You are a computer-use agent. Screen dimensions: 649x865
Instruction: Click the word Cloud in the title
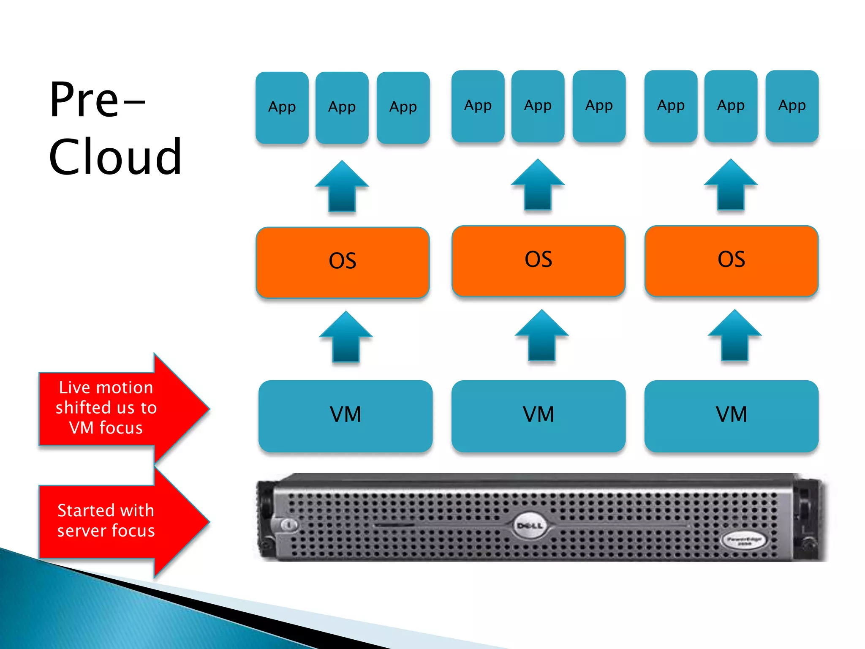click(115, 157)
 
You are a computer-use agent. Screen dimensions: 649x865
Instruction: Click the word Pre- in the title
click(97, 100)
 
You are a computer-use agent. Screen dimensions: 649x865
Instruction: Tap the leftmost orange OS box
click(343, 262)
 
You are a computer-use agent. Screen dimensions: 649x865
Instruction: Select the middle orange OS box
click(538, 261)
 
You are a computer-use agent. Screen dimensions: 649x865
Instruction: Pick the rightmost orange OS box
click(731, 261)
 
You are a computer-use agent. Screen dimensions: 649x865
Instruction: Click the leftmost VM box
click(345, 416)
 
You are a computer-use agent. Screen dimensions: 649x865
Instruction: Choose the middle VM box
click(538, 416)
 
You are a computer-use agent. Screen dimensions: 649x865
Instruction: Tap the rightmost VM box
click(731, 416)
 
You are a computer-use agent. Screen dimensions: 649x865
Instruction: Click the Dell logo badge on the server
click(530, 526)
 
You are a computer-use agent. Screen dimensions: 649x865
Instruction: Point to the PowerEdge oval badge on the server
click(744, 541)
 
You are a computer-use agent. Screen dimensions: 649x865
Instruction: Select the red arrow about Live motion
click(118, 408)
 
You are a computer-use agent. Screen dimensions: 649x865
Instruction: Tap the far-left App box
click(282, 107)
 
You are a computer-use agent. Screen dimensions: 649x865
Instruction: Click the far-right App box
click(792, 106)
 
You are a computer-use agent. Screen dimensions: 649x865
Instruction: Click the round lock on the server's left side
click(289, 525)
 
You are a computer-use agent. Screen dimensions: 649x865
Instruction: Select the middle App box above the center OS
click(538, 106)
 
